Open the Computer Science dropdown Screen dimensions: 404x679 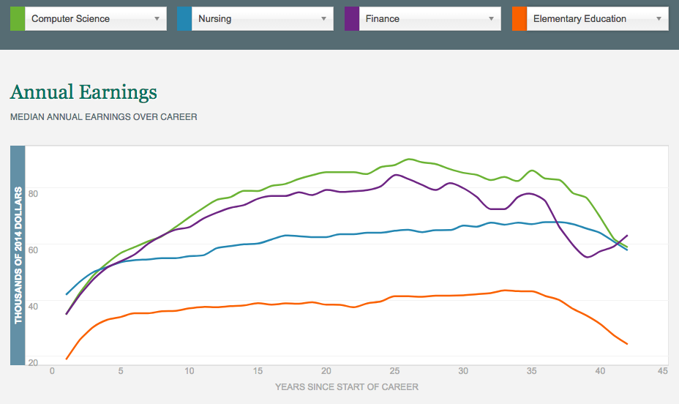tap(95, 19)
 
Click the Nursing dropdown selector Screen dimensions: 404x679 tap(262, 19)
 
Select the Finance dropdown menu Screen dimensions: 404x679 tap(430, 19)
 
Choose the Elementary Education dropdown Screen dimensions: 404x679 tap(598, 19)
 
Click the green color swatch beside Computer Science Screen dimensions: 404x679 tap(18, 19)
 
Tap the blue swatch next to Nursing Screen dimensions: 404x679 tap(184, 19)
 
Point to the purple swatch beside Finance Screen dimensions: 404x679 tap(352, 19)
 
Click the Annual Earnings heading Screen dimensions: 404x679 tap(83, 93)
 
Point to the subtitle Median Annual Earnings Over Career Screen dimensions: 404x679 tap(103, 116)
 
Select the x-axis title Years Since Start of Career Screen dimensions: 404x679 tap(347, 386)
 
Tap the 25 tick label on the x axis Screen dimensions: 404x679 tap(395, 371)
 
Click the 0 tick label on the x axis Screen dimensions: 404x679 tap(53, 371)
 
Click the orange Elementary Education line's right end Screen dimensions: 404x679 tap(627, 344)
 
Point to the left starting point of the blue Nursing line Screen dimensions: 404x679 tap(67, 294)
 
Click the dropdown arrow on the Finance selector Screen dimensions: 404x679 tap(492, 19)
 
